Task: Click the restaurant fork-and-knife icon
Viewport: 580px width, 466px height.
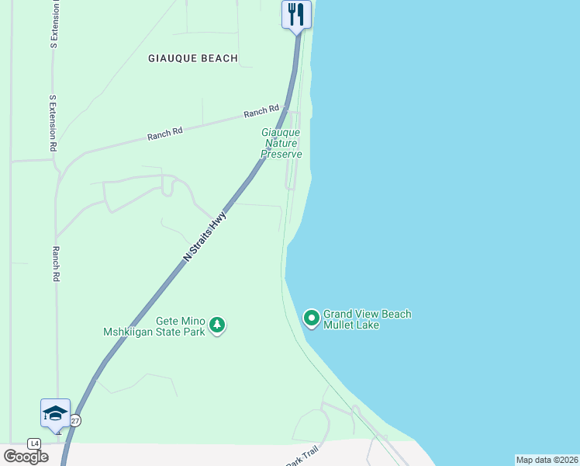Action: pyautogui.click(x=296, y=14)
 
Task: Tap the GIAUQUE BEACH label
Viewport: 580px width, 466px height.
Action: pyautogui.click(x=193, y=58)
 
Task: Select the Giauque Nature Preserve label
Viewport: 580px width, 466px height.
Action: pyautogui.click(x=281, y=144)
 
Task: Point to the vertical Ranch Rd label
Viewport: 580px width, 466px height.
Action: pyautogui.click(x=56, y=264)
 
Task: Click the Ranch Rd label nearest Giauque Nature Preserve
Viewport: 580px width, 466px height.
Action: pyautogui.click(x=261, y=112)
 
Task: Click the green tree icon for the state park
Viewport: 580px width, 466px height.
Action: pyautogui.click(x=218, y=325)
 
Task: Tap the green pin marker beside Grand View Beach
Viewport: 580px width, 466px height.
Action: pyautogui.click(x=311, y=318)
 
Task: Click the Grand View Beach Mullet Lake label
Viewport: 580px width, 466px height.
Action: pyautogui.click(x=367, y=319)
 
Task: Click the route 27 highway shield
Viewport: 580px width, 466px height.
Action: pyautogui.click(x=75, y=420)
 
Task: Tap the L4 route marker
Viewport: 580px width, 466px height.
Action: pyautogui.click(x=34, y=443)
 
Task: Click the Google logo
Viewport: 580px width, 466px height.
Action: pyautogui.click(x=26, y=457)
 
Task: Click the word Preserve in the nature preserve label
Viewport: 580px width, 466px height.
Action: pyautogui.click(x=281, y=154)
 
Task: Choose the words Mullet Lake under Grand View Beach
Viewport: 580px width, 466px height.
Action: pyautogui.click(x=351, y=325)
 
